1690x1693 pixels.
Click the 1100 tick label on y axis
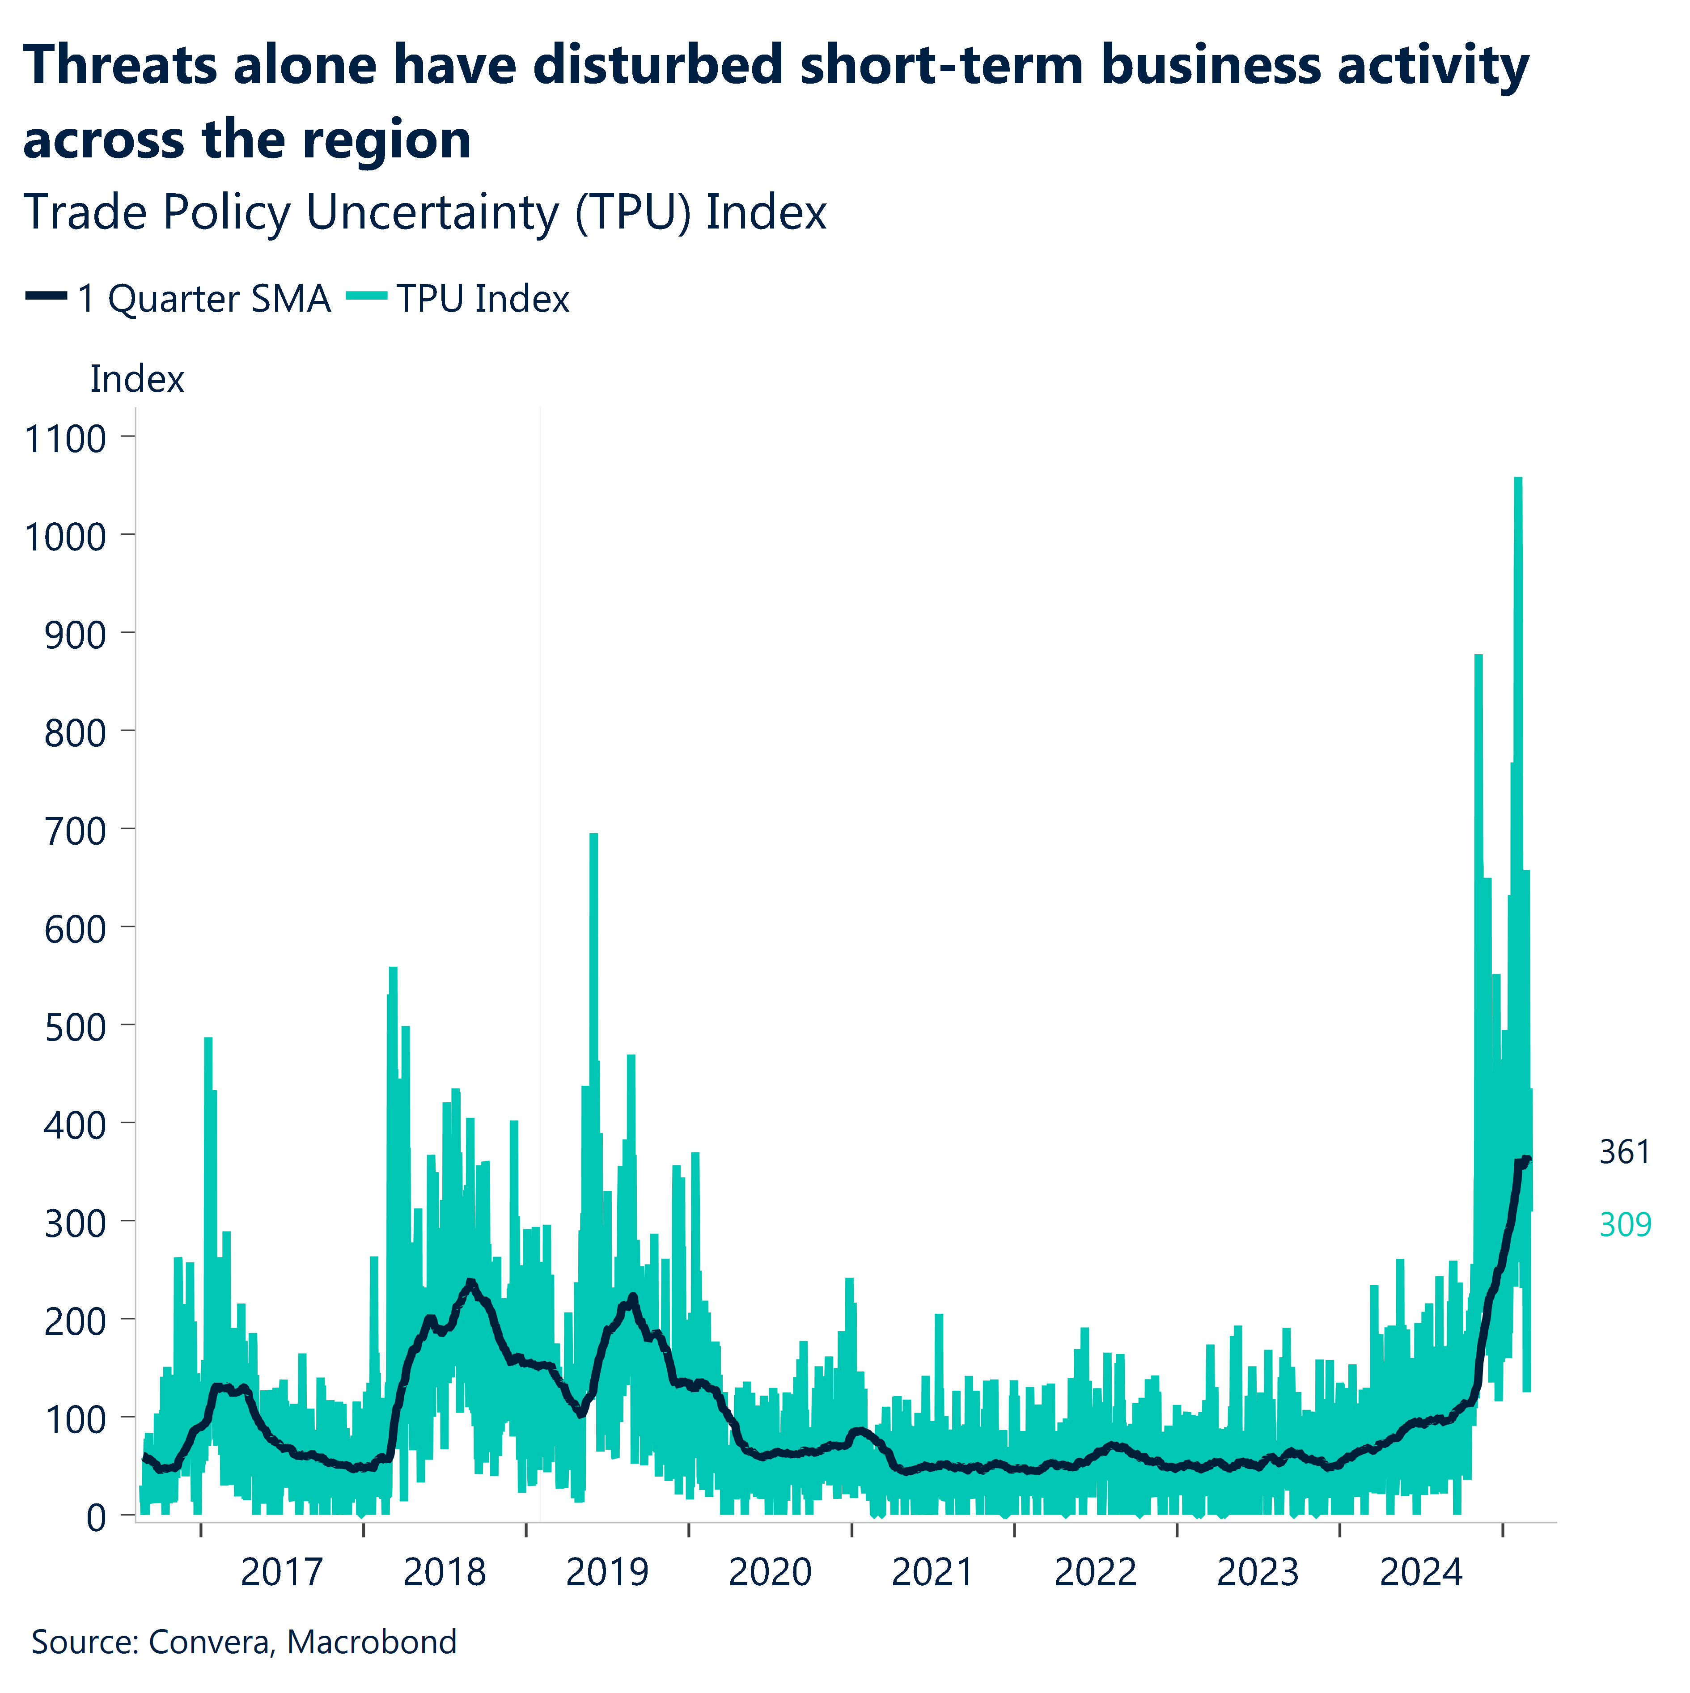pos(66,438)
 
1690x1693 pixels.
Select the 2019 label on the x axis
pos(606,1573)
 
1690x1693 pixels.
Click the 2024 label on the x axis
pos(1421,1573)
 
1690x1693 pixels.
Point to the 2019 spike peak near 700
pos(593,836)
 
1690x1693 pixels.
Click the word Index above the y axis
pos(137,380)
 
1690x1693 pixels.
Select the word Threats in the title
pos(120,66)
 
